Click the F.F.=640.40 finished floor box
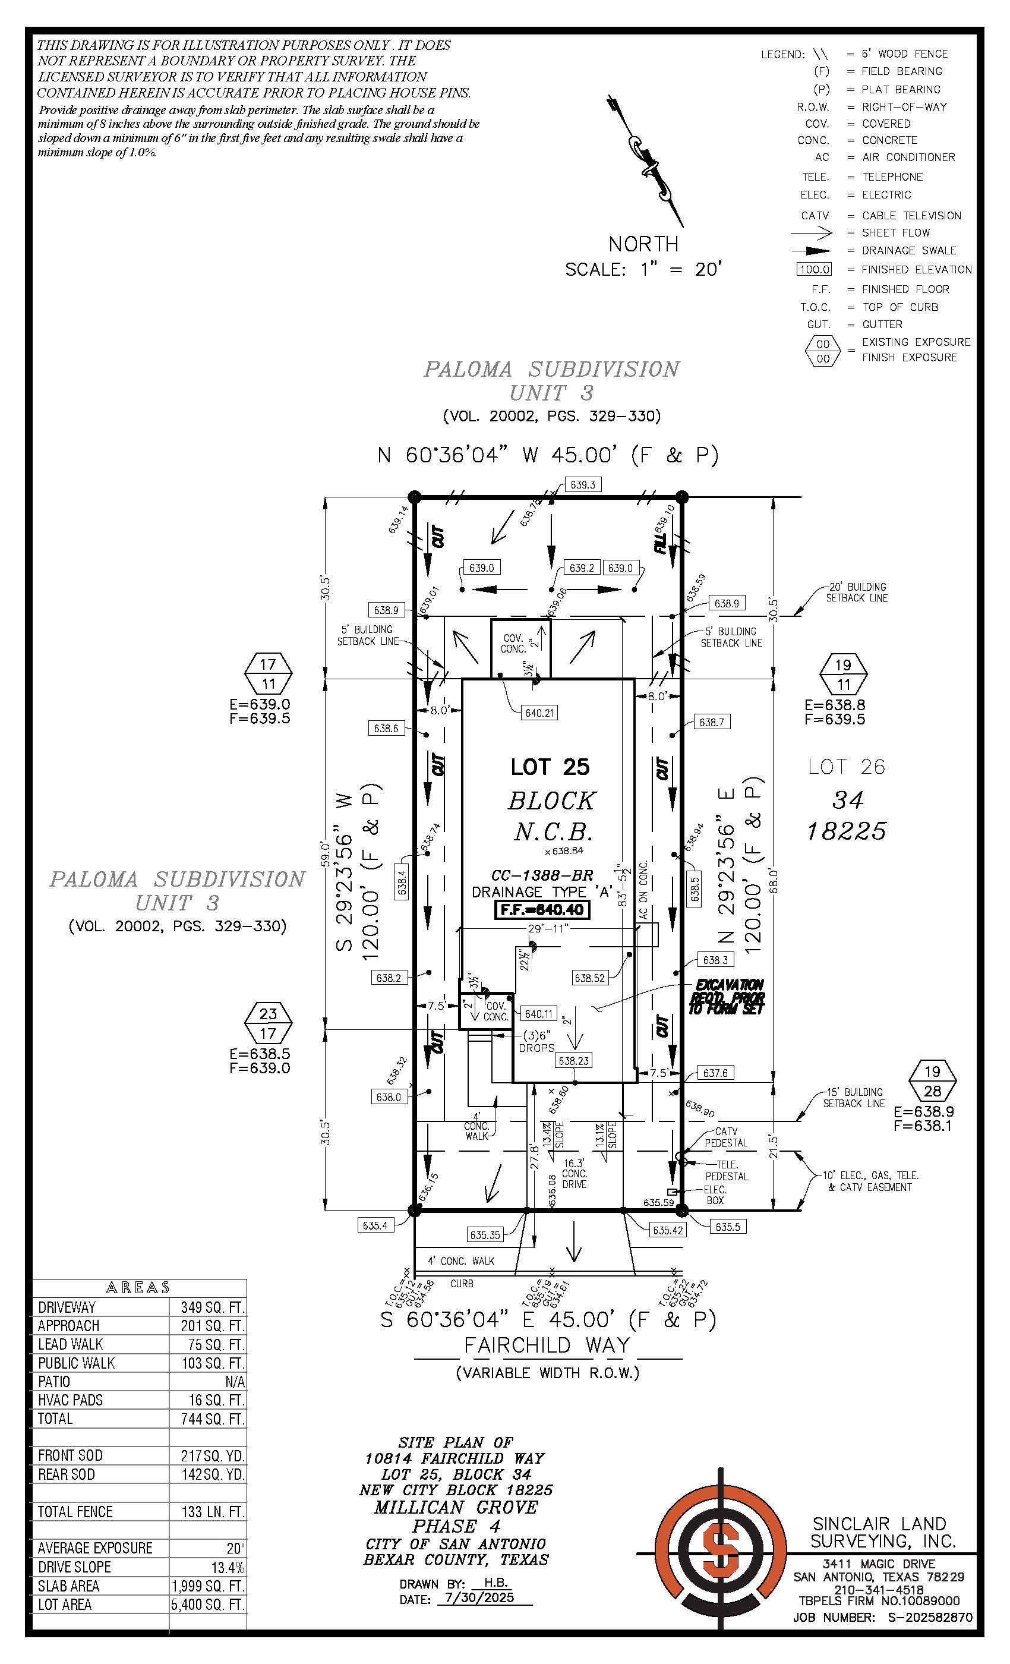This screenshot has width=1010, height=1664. point(542,910)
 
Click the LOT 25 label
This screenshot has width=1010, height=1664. point(550,767)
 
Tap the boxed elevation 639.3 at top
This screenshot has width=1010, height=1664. point(583,485)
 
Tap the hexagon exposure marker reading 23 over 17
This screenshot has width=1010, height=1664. point(268,1023)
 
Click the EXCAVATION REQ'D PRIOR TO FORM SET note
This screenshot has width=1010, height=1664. point(727,997)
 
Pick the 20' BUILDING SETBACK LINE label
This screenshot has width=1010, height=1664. point(856,593)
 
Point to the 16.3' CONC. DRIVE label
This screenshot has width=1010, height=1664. point(575,1174)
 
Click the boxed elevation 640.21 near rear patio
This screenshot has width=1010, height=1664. point(539,713)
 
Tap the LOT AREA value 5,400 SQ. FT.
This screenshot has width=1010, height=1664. point(208,1605)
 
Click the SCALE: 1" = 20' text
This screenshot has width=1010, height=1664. point(643,269)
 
